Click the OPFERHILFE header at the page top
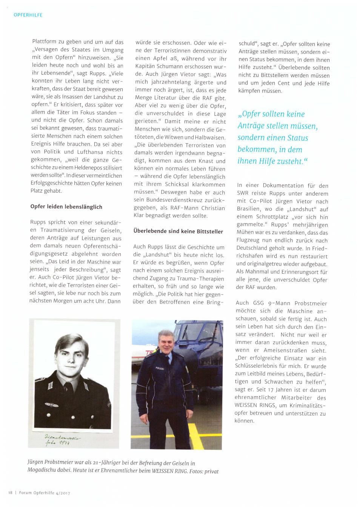click(x=28, y=15)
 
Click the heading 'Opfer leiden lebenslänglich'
click(x=66, y=207)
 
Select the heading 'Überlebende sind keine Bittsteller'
click(x=178, y=232)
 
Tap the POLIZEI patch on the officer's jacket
click(x=160, y=368)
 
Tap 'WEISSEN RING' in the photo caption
click(x=168, y=471)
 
